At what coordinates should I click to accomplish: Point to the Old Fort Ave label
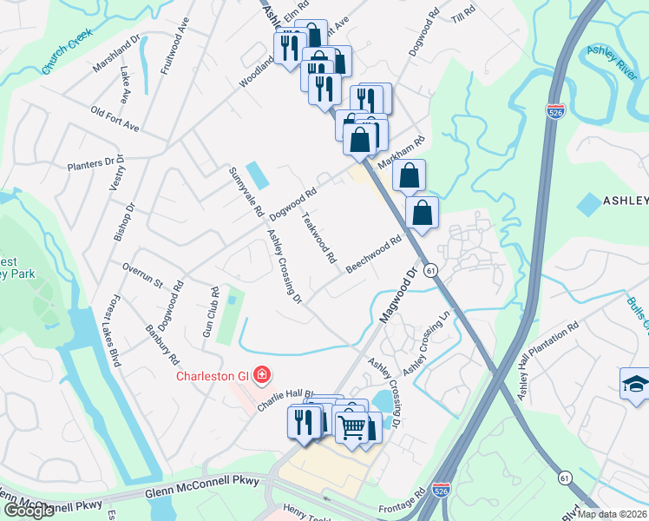coord(115,120)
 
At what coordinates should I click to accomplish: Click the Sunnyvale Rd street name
coord(245,191)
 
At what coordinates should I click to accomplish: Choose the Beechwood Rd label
coord(374,254)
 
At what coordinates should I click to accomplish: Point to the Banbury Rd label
coord(161,345)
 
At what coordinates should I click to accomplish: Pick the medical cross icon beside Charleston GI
coord(261,376)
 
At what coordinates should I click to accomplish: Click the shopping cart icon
coord(351,427)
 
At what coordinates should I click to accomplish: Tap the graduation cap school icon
coord(633,383)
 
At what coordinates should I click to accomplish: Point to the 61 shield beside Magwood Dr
coord(431,272)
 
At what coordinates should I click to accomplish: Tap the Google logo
coord(29,511)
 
